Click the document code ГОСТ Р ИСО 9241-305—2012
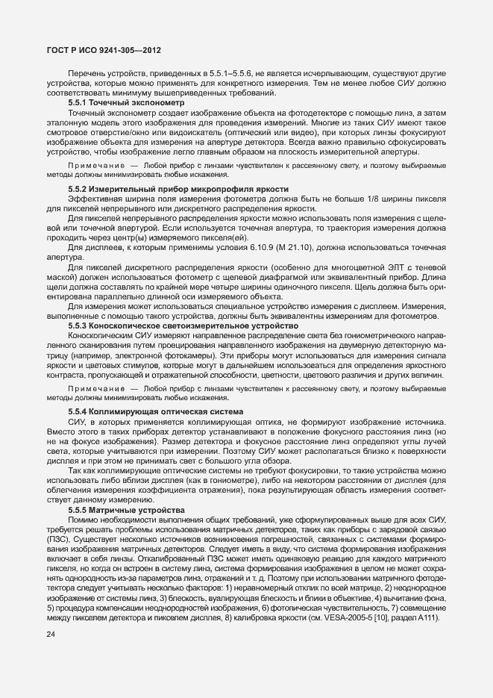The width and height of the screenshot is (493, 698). [99, 51]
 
